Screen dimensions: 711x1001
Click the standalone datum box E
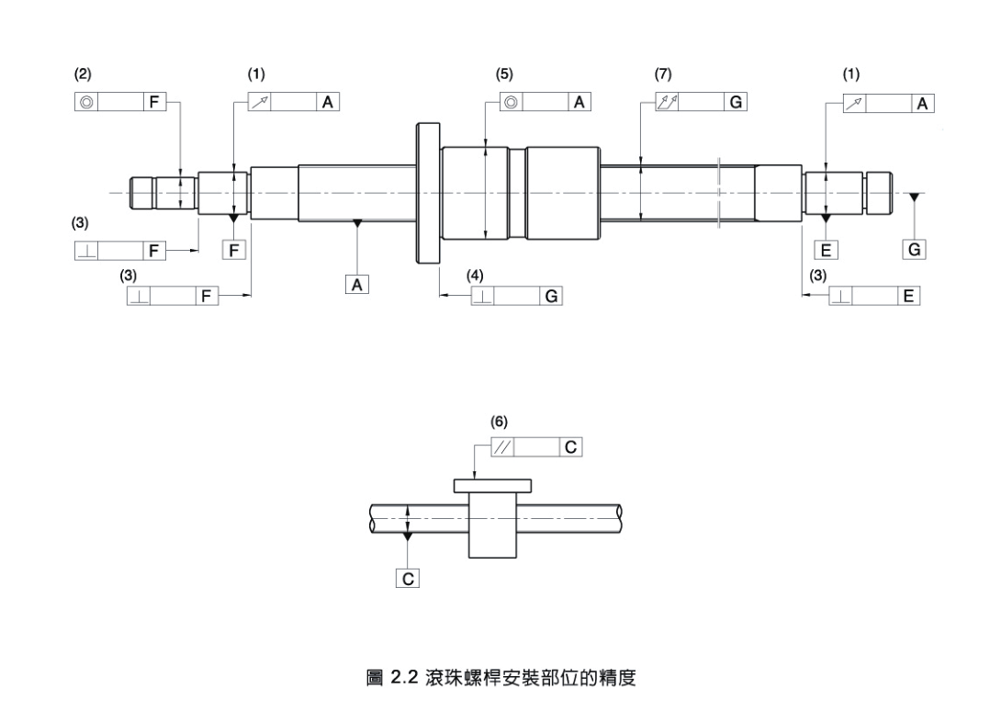[x=827, y=250]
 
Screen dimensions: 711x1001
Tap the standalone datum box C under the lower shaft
[x=408, y=579]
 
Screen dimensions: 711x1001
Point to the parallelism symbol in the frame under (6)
[x=502, y=447]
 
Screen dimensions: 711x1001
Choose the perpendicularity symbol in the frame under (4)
[x=482, y=297]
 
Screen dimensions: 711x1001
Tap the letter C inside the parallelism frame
[x=571, y=447]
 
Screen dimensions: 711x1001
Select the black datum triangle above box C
[x=408, y=535]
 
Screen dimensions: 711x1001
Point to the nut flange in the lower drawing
[x=493, y=485]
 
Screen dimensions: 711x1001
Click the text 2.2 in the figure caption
[x=405, y=679]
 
